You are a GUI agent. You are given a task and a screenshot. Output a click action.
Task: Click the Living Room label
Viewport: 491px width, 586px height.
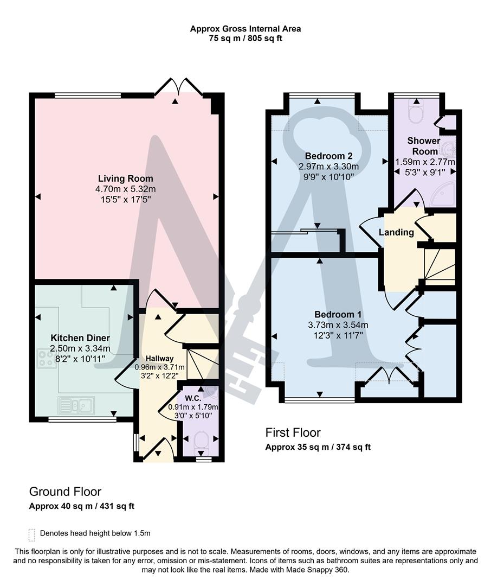click(125, 179)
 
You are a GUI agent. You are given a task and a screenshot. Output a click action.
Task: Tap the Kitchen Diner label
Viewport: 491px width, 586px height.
click(80, 337)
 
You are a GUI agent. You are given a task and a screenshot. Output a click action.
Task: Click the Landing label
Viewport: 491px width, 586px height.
click(396, 232)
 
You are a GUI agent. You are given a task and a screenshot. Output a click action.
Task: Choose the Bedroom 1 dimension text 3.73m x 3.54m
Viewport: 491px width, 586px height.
click(334, 325)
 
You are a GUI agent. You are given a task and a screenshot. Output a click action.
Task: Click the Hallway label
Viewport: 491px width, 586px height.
click(159, 358)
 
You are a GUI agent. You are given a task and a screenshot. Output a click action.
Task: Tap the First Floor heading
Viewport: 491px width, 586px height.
click(293, 432)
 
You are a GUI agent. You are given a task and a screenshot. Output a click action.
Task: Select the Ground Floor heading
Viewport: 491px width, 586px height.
click(65, 492)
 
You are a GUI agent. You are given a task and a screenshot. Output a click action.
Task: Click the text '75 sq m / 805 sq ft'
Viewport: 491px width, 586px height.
click(245, 39)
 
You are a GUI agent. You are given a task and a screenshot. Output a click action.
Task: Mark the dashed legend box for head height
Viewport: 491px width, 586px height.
click(32, 533)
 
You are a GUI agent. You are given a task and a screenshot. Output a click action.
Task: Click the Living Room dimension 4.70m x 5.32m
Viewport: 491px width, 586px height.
click(125, 189)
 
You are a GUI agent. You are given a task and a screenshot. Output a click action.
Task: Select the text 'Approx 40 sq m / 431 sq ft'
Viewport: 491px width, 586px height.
click(82, 506)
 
